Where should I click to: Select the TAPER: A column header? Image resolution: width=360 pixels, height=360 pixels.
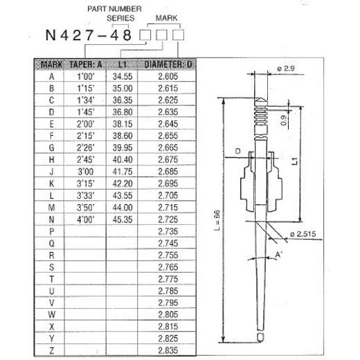tap(85, 66)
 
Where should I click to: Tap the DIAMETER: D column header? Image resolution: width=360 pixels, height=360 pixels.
tap(165, 66)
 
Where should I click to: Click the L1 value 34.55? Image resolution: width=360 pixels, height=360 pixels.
tap(122, 76)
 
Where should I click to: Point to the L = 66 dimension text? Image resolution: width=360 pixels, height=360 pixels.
tap(217, 220)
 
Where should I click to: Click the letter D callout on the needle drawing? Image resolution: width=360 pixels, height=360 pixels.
tap(237, 151)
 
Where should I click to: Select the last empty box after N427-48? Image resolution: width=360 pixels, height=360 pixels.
tap(179, 35)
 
